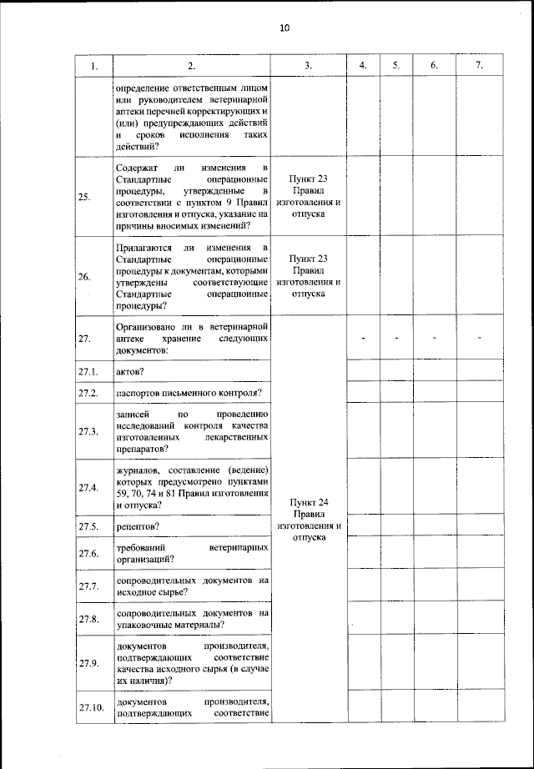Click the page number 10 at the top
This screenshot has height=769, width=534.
coord(284,28)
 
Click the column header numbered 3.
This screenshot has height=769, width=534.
coord(308,66)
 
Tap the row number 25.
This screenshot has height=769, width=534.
coord(84,197)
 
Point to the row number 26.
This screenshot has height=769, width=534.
coord(84,277)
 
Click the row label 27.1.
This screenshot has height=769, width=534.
coord(88,369)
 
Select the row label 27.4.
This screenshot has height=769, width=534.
coord(88,488)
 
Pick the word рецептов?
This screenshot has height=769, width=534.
coord(139,525)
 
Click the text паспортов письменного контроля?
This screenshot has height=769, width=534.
coord(190,391)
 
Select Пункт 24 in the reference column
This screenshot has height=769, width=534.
coord(308,502)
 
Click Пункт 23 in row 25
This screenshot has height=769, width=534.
coord(308,178)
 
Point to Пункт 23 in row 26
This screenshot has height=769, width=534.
coord(308,259)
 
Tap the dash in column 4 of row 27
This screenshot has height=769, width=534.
coord(364,338)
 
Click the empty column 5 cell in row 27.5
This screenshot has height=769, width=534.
coord(396,525)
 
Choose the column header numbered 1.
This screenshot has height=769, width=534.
coord(94,66)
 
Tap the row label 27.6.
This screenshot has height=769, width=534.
coord(88,553)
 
